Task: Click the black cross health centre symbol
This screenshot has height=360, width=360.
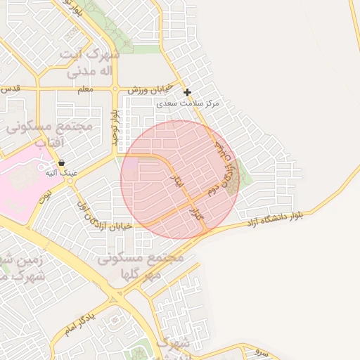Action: pos(187,92)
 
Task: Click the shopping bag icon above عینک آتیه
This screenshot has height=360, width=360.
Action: pos(61,162)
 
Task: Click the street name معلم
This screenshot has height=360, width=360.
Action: pos(86,89)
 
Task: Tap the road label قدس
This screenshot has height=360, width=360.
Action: pos(10,89)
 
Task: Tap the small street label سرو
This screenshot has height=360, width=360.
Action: pos(261,351)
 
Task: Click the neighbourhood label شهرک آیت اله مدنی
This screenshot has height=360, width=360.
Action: pos(91,63)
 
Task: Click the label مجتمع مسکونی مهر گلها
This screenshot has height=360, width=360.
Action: pos(141,265)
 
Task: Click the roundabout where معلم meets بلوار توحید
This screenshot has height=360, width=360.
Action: pos(115,89)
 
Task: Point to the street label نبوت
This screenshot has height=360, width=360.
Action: pos(48,194)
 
